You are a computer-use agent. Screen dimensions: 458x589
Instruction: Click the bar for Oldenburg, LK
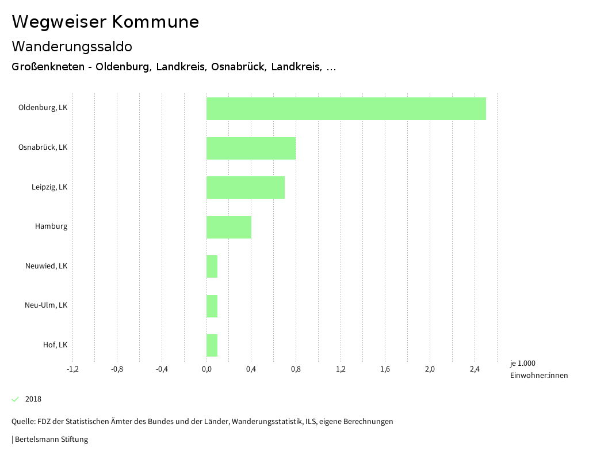(346, 108)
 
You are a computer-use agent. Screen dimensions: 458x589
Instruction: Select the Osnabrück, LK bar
(251, 148)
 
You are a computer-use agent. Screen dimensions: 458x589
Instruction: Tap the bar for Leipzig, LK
(246, 187)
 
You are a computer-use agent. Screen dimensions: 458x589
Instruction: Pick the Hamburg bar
(229, 227)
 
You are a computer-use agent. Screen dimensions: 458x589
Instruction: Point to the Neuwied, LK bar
(212, 266)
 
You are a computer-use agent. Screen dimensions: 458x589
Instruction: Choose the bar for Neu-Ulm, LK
(212, 306)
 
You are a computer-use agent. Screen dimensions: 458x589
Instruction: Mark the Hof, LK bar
(212, 345)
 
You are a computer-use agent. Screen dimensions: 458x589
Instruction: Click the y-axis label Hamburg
(51, 226)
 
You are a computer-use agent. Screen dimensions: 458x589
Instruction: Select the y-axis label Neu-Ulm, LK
(46, 305)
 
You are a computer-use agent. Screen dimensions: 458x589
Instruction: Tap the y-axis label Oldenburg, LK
(43, 108)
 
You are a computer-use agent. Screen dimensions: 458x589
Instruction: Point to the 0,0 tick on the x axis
(206, 369)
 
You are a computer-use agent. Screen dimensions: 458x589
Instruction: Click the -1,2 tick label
(72, 369)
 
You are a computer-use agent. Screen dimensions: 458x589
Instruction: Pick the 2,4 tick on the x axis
(475, 369)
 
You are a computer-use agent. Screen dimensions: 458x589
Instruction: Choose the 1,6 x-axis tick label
(385, 369)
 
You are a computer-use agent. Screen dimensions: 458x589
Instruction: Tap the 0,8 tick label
(296, 369)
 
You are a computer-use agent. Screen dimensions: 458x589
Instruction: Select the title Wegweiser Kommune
(105, 22)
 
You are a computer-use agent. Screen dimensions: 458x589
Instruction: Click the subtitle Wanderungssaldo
(72, 46)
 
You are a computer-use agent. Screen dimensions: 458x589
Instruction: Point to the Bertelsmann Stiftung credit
(51, 440)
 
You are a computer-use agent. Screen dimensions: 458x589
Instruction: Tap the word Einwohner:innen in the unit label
(538, 376)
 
